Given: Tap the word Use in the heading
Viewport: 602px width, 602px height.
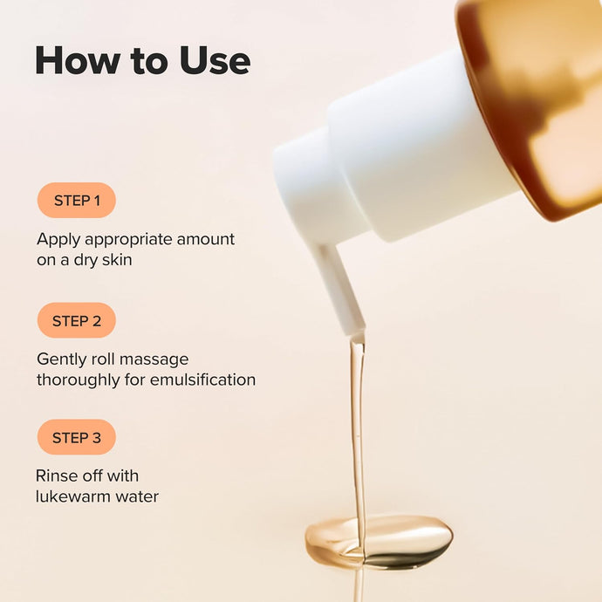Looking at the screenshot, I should point(213,60).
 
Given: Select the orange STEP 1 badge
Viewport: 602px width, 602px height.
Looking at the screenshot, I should point(77,201).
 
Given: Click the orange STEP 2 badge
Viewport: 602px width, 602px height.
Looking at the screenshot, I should point(77,320).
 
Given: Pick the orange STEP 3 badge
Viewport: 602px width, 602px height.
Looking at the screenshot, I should point(77,437).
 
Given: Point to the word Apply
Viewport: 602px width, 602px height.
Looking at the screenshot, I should point(58,240).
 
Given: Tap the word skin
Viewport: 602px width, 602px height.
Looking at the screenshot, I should point(115,260).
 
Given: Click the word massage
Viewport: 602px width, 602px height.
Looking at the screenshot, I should point(154,359).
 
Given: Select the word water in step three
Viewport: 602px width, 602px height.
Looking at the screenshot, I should point(138,496).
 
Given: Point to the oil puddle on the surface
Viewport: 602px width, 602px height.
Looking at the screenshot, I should point(380,538).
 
